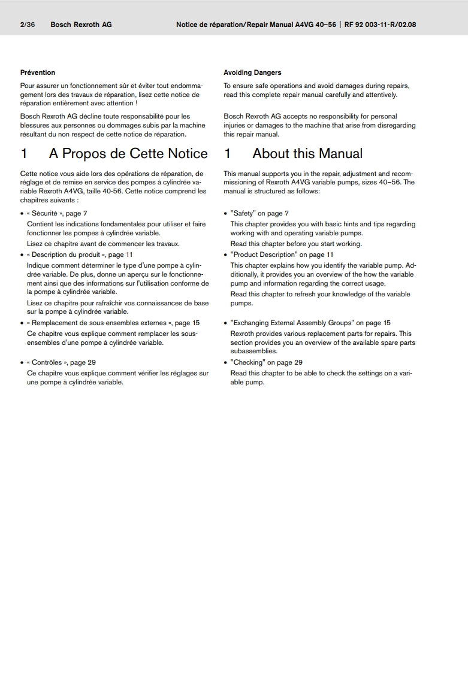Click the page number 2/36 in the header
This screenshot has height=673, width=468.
(x=27, y=25)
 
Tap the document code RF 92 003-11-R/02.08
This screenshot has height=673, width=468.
(x=381, y=25)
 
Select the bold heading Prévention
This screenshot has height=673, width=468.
(x=38, y=72)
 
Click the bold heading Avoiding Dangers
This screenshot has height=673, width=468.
(x=252, y=72)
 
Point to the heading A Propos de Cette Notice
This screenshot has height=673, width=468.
(x=128, y=154)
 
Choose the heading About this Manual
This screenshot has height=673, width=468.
(x=307, y=154)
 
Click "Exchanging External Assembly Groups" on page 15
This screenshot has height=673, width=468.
(x=310, y=323)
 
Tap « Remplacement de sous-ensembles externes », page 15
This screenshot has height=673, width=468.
(x=113, y=323)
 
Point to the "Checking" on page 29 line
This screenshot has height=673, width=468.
(x=267, y=362)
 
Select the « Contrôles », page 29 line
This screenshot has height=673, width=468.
(x=61, y=362)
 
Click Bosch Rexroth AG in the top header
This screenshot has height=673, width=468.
(x=81, y=25)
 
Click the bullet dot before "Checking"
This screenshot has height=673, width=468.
(x=226, y=363)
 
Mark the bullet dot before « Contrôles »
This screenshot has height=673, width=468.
(x=22, y=363)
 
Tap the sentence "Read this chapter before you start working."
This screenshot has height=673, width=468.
(x=296, y=244)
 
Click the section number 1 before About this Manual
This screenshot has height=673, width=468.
(x=228, y=154)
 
